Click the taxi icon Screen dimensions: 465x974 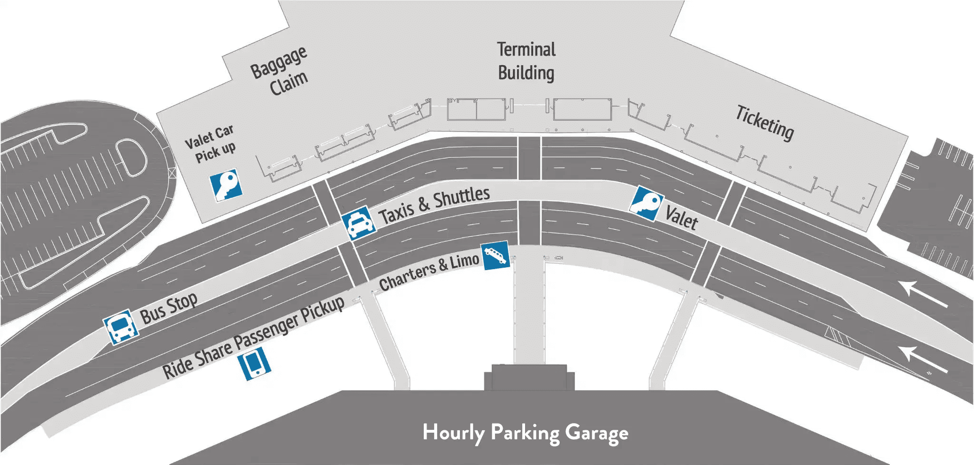pyautogui.click(x=359, y=223)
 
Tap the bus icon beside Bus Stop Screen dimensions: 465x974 pyautogui.click(x=121, y=327)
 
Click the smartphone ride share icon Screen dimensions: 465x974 pyautogui.click(x=254, y=364)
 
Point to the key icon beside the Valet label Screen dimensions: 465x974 pyautogui.click(x=646, y=203)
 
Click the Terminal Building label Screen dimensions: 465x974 pyautogui.click(x=526, y=61)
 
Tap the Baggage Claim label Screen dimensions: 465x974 pyautogui.click(x=280, y=71)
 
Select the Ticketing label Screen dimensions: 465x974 pyautogui.click(x=765, y=123)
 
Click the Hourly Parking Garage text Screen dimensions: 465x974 pyautogui.click(x=525, y=433)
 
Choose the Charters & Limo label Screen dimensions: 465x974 pyautogui.click(x=429, y=272)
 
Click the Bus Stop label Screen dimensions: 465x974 pyautogui.click(x=168, y=308)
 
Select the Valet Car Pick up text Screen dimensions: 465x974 pyautogui.click(x=210, y=144)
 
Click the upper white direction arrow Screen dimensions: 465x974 pyautogui.click(x=923, y=293)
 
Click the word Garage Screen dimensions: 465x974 pyautogui.click(x=596, y=433)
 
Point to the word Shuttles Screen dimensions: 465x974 pyautogui.click(x=461, y=197)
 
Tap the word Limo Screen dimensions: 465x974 pyautogui.click(x=465, y=262)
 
